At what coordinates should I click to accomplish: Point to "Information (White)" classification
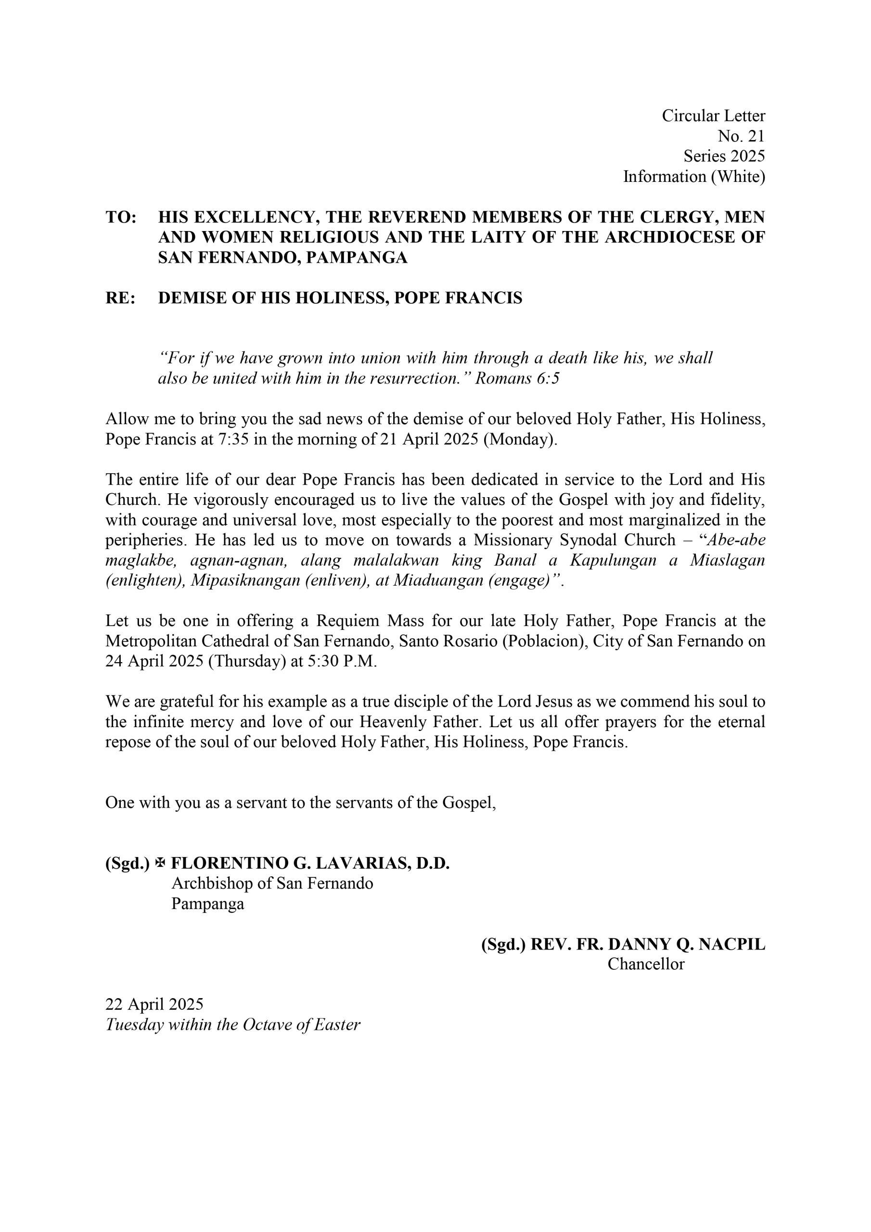click(693, 177)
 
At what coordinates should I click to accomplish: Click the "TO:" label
click(121, 218)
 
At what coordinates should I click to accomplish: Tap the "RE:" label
click(120, 298)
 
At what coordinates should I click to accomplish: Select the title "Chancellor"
click(646, 964)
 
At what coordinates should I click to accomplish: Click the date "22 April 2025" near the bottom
click(154, 1004)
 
